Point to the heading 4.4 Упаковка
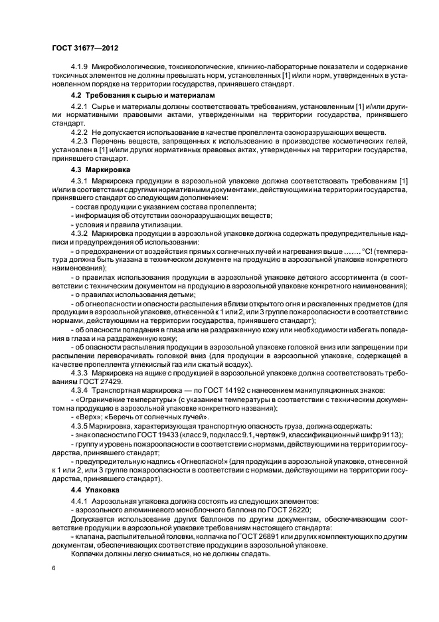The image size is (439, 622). tap(90, 489)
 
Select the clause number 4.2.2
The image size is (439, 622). tap(80, 132)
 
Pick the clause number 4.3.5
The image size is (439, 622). tap(80, 425)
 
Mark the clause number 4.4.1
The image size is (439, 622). tap(80, 500)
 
